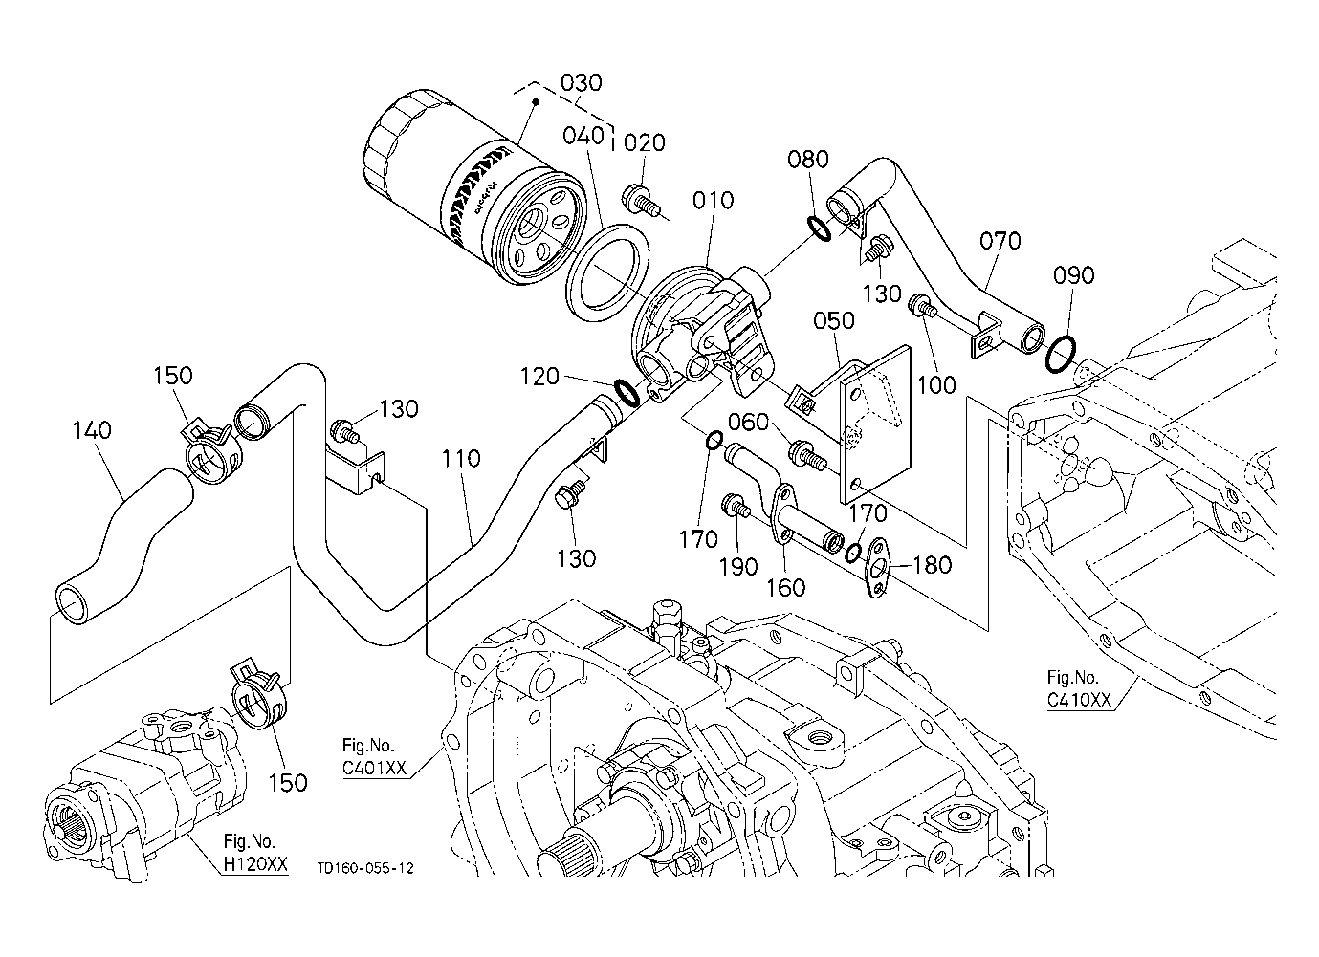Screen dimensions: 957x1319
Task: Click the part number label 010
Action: pyautogui.click(x=714, y=201)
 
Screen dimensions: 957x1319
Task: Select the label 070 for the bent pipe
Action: pyautogui.click(x=1000, y=241)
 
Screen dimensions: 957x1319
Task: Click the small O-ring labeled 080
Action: pyautogui.click(x=820, y=228)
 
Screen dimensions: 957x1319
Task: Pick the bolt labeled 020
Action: pyautogui.click(x=641, y=201)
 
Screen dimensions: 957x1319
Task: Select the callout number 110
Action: pyautogui.click(x=461, y=460)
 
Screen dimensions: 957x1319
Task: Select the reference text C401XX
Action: pyautogui.click(x=375, y=767)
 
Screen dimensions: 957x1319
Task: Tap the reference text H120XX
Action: pyautogui.click(x=254, y=863)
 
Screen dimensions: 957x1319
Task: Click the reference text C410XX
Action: pyautogui.click(x=1079, y=699)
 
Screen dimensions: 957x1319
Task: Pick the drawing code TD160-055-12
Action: pyautogui.click(x=367, y=868)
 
